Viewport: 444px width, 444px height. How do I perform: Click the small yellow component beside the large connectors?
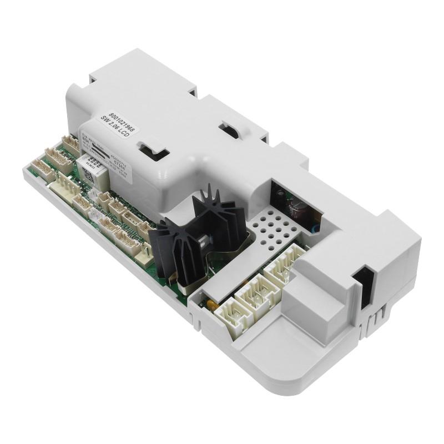211,304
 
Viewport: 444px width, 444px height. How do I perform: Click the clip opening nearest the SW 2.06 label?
149,149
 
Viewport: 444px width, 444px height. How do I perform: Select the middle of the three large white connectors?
256,294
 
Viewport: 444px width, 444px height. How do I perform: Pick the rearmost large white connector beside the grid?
284,266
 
